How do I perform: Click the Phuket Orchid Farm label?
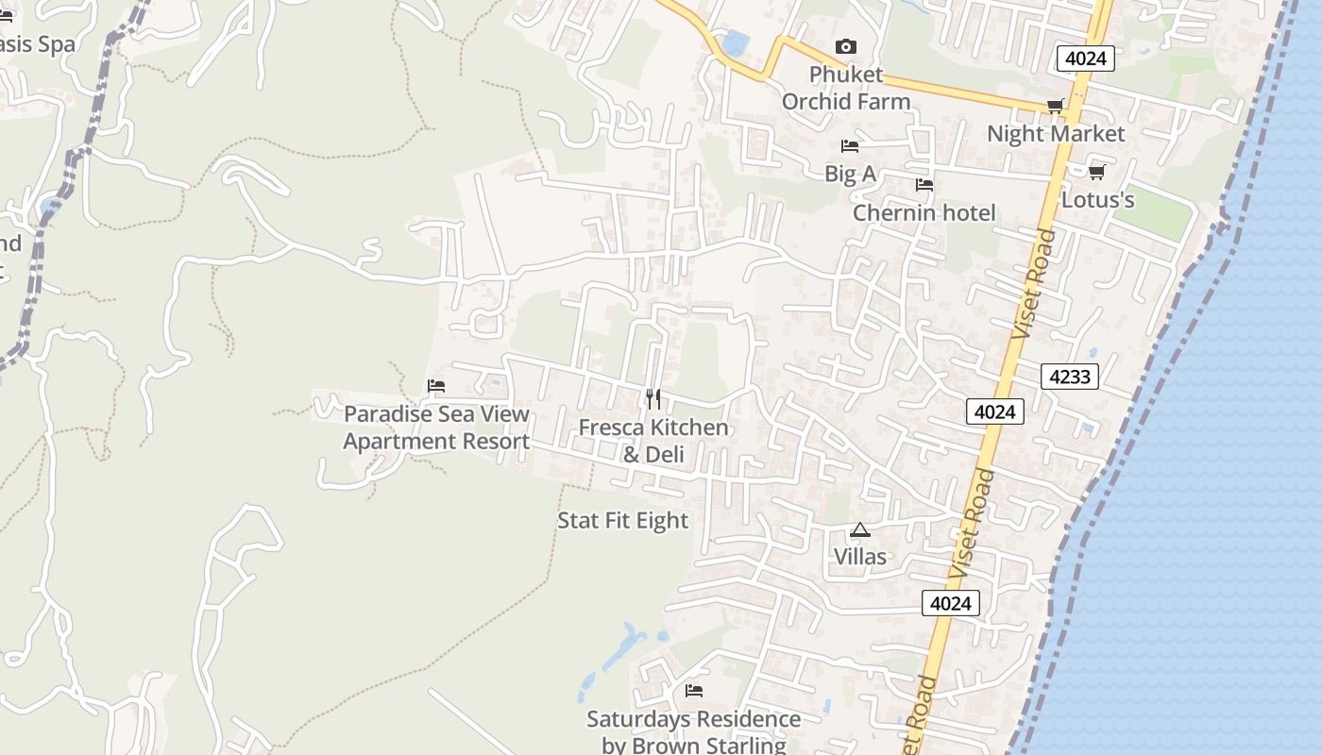(x=846, y=88)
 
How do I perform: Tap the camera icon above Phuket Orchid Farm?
(x=846, y=46)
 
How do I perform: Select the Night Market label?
(x=1056, y=134)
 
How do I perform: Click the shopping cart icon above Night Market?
(x=1055, y=107)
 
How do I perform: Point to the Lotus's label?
(x=1097, y=200)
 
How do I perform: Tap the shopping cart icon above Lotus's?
(x=1096, y=173)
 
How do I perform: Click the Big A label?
(x=850, y=174)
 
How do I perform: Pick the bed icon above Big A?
(x=850, y=146)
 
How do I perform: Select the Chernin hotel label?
(x=924, y=213)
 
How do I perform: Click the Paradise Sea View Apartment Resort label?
(x=436, y=428)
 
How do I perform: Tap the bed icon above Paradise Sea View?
(x=436, y=386)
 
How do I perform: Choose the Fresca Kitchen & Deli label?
(x=653, y=441)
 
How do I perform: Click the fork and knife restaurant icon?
(x=653, y=399)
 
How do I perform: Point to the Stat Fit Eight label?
(x=622, y=521)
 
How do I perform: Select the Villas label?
(x=859, y=557)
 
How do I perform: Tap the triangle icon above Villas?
(x=859, y=530)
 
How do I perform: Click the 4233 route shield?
(x=1070, y=377)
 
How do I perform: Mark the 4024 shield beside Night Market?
(x=1085, y=59)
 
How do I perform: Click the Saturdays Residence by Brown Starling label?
(x=693, y=731)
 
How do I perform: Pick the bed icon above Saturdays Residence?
(x=694, y=691)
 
